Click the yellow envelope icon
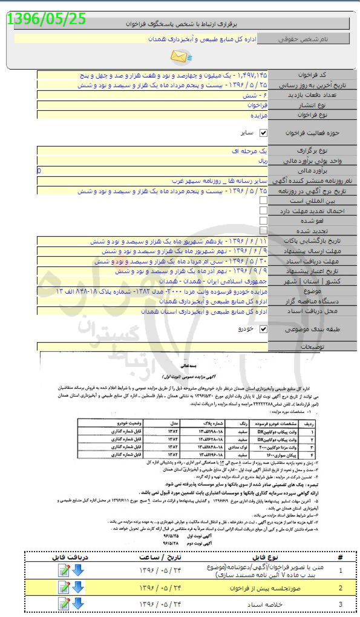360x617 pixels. point(180,57)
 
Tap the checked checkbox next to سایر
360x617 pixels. point(263,132)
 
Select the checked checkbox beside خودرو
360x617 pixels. point(263,329)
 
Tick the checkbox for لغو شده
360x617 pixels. point(263,220)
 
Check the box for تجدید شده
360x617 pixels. point(263,231)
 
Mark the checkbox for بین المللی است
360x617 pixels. point(263,200)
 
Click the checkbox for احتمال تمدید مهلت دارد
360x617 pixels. point(263,210)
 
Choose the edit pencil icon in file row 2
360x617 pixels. point(64,587)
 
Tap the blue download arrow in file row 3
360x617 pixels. point(78,604)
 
